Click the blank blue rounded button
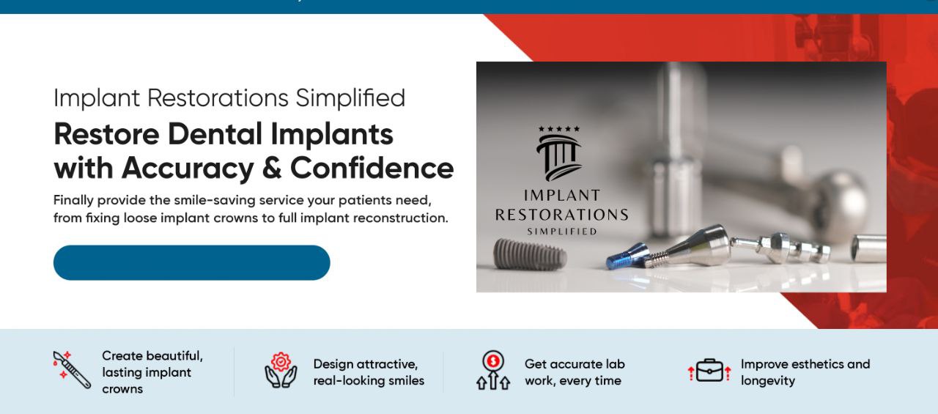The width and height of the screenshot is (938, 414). pos(192,262)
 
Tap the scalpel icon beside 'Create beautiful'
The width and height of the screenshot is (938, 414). pos(72,369)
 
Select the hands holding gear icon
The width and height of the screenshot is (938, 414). pos(281,370)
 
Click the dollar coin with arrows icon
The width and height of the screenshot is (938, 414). pos(493,370)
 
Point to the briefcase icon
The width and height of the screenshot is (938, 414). pos(710,370)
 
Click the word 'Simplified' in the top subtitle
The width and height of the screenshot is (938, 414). pos(350,98)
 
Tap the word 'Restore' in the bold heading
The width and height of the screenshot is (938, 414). pos(107,134)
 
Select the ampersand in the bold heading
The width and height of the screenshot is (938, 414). pos(272,169)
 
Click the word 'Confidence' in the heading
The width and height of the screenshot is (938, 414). pos(372,168)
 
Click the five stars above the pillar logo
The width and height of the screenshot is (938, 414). pos(559,129)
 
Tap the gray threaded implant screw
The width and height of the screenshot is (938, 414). pos(530,254)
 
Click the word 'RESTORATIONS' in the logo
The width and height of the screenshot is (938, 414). pos(561,215)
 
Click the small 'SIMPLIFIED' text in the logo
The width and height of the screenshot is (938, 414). pos(561,232)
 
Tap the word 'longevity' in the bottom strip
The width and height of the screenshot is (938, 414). pos(767,381)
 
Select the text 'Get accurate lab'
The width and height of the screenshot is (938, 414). pos(575,364)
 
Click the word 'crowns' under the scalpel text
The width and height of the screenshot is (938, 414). pos(122,389)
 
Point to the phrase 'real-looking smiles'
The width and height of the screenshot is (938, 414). pos(369,381)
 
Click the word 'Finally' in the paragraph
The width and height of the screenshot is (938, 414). pos(73,201)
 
